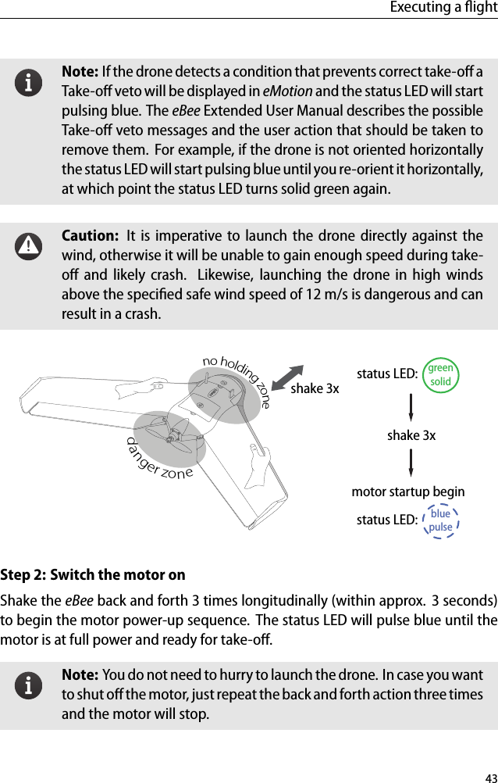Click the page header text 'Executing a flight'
click(447, 8)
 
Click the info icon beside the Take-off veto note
click(30, 82)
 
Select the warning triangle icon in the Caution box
click(30, 246)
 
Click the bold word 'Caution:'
click(87, 236)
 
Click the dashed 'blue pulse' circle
click(440, 520)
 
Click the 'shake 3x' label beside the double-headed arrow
click(315, 388)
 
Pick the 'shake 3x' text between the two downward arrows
click(411, 434)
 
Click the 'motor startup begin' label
click(408, 492)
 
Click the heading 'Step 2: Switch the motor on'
click(93, 575)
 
